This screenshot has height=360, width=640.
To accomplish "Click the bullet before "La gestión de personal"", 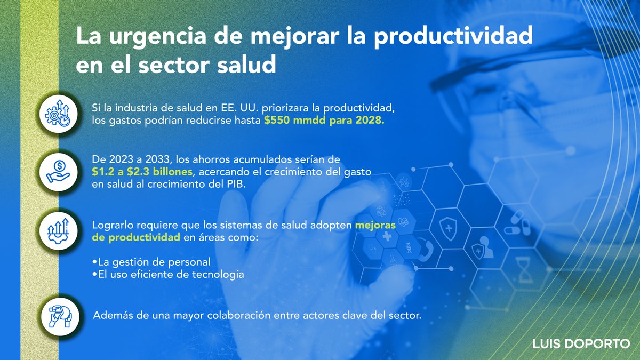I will (x=94, y=262).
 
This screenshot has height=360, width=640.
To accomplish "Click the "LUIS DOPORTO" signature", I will (x=581, y=344).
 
